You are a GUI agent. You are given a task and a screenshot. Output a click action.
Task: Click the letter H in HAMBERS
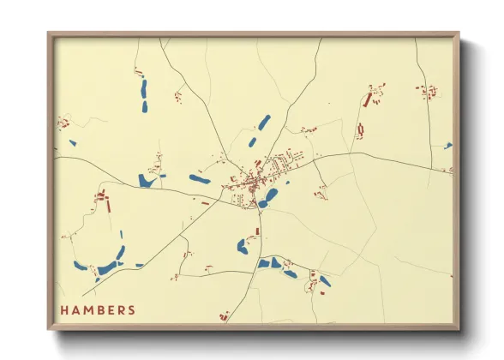[63, 309]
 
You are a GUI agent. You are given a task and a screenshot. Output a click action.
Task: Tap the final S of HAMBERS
[131, 309]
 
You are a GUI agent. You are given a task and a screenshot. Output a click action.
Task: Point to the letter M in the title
[87, 309]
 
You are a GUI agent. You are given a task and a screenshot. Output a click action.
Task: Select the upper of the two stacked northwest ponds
[143, 87]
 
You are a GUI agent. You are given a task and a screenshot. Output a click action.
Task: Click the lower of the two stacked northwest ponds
[143, 106]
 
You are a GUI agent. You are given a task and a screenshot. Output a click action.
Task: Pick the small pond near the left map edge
[72, 143]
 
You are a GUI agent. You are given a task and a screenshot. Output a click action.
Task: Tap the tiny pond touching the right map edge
[447, 146]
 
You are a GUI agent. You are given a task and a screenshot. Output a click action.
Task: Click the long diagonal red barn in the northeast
[368, 99]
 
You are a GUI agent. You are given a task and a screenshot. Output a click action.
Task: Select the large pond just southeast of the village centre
[271, 195]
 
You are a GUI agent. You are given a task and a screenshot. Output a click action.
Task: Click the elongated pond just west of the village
[199, 179]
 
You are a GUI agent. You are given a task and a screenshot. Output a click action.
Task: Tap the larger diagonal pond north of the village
[264, 123]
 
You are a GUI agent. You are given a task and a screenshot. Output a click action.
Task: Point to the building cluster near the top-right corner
[426, 91]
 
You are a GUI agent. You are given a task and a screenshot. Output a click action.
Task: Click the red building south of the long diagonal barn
[360, 130]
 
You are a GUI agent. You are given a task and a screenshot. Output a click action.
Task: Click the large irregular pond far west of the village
[146, 180]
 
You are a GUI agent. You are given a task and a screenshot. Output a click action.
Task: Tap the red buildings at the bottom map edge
[224, 316]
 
